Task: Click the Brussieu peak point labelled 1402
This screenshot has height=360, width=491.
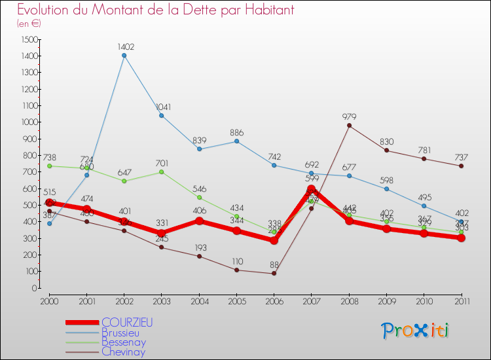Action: pos(124,55)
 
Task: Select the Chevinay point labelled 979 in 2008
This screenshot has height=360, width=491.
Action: pos(349,125)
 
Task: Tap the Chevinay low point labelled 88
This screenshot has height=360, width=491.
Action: pos(274,273)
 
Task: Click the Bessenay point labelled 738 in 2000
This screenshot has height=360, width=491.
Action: pos(49,166)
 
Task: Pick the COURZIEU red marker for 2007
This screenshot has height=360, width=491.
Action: pos(312,189)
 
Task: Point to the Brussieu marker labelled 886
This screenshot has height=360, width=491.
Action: pos(236,141)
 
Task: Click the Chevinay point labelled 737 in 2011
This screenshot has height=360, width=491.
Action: pos(462,166)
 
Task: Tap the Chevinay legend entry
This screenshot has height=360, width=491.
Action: pos(124,351)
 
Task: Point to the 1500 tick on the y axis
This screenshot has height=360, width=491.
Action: pos(28,39)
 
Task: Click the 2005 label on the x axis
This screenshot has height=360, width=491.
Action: pos(236,300)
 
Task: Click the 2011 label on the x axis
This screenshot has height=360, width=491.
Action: pos(462,300)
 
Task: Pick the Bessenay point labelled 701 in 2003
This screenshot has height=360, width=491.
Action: pos(162,171)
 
